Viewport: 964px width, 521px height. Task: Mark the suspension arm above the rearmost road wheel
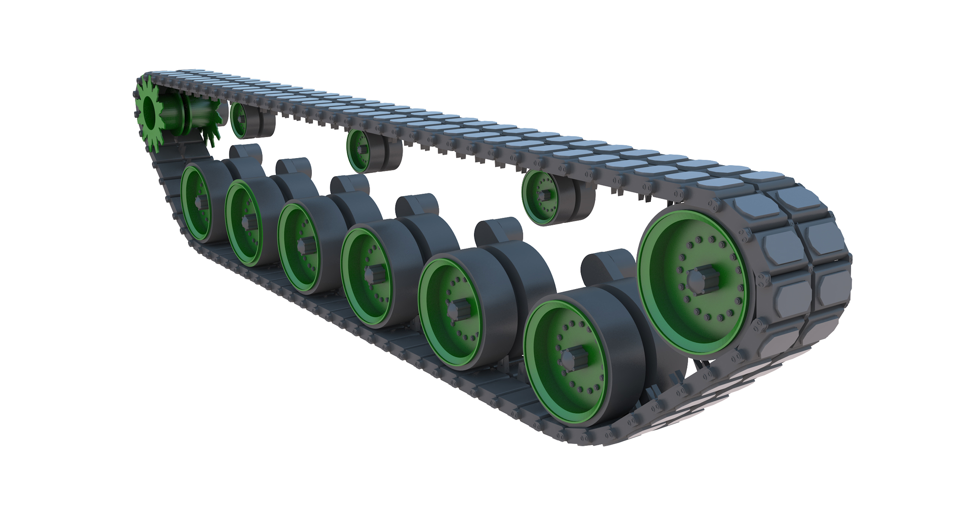(x=246, y=153)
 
